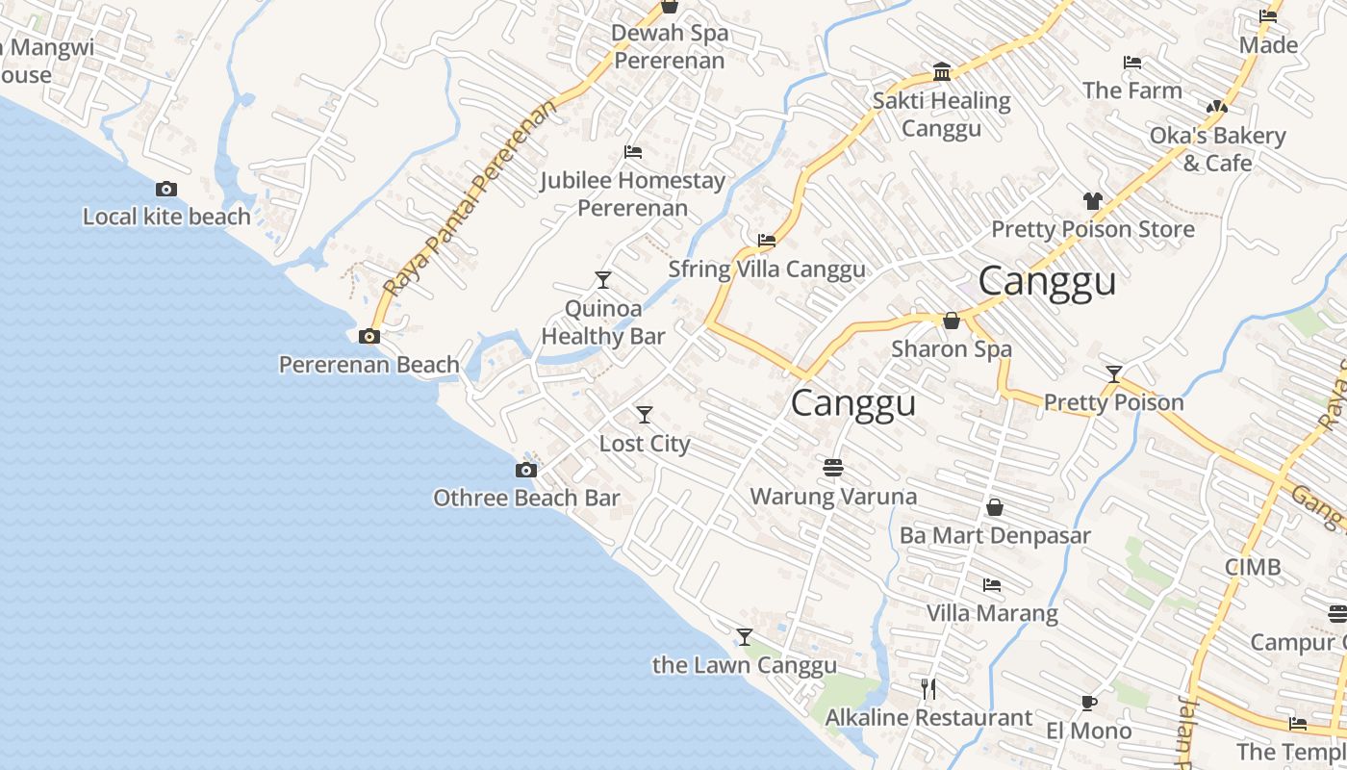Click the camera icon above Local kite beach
(x=166, y=190)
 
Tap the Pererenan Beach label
(x=369, y=365)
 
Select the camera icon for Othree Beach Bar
(x=525, y=471)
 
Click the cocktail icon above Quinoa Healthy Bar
(x=603, y=280)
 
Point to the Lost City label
(x=645, y=444)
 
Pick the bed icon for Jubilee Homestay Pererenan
(x=633, y=152)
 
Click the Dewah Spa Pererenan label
(x=670, y=46)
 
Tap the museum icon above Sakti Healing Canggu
(x=942, y=73)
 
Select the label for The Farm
(x=1131, y=90)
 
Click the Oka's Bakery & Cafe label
(x=1217, y=149)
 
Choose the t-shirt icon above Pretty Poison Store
(x=1092, y=201)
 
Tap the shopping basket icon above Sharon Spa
(x=952, y=321)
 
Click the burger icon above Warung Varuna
(x=833, y=468)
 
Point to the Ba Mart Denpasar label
(x=995, y=535)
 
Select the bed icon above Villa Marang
(x=992, y=585)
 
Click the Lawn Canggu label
(x=745, y=665)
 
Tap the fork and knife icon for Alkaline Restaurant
(x=928, y=688)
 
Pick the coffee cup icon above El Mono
(x=1089, y=703)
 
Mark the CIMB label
(x=1253, y=567)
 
